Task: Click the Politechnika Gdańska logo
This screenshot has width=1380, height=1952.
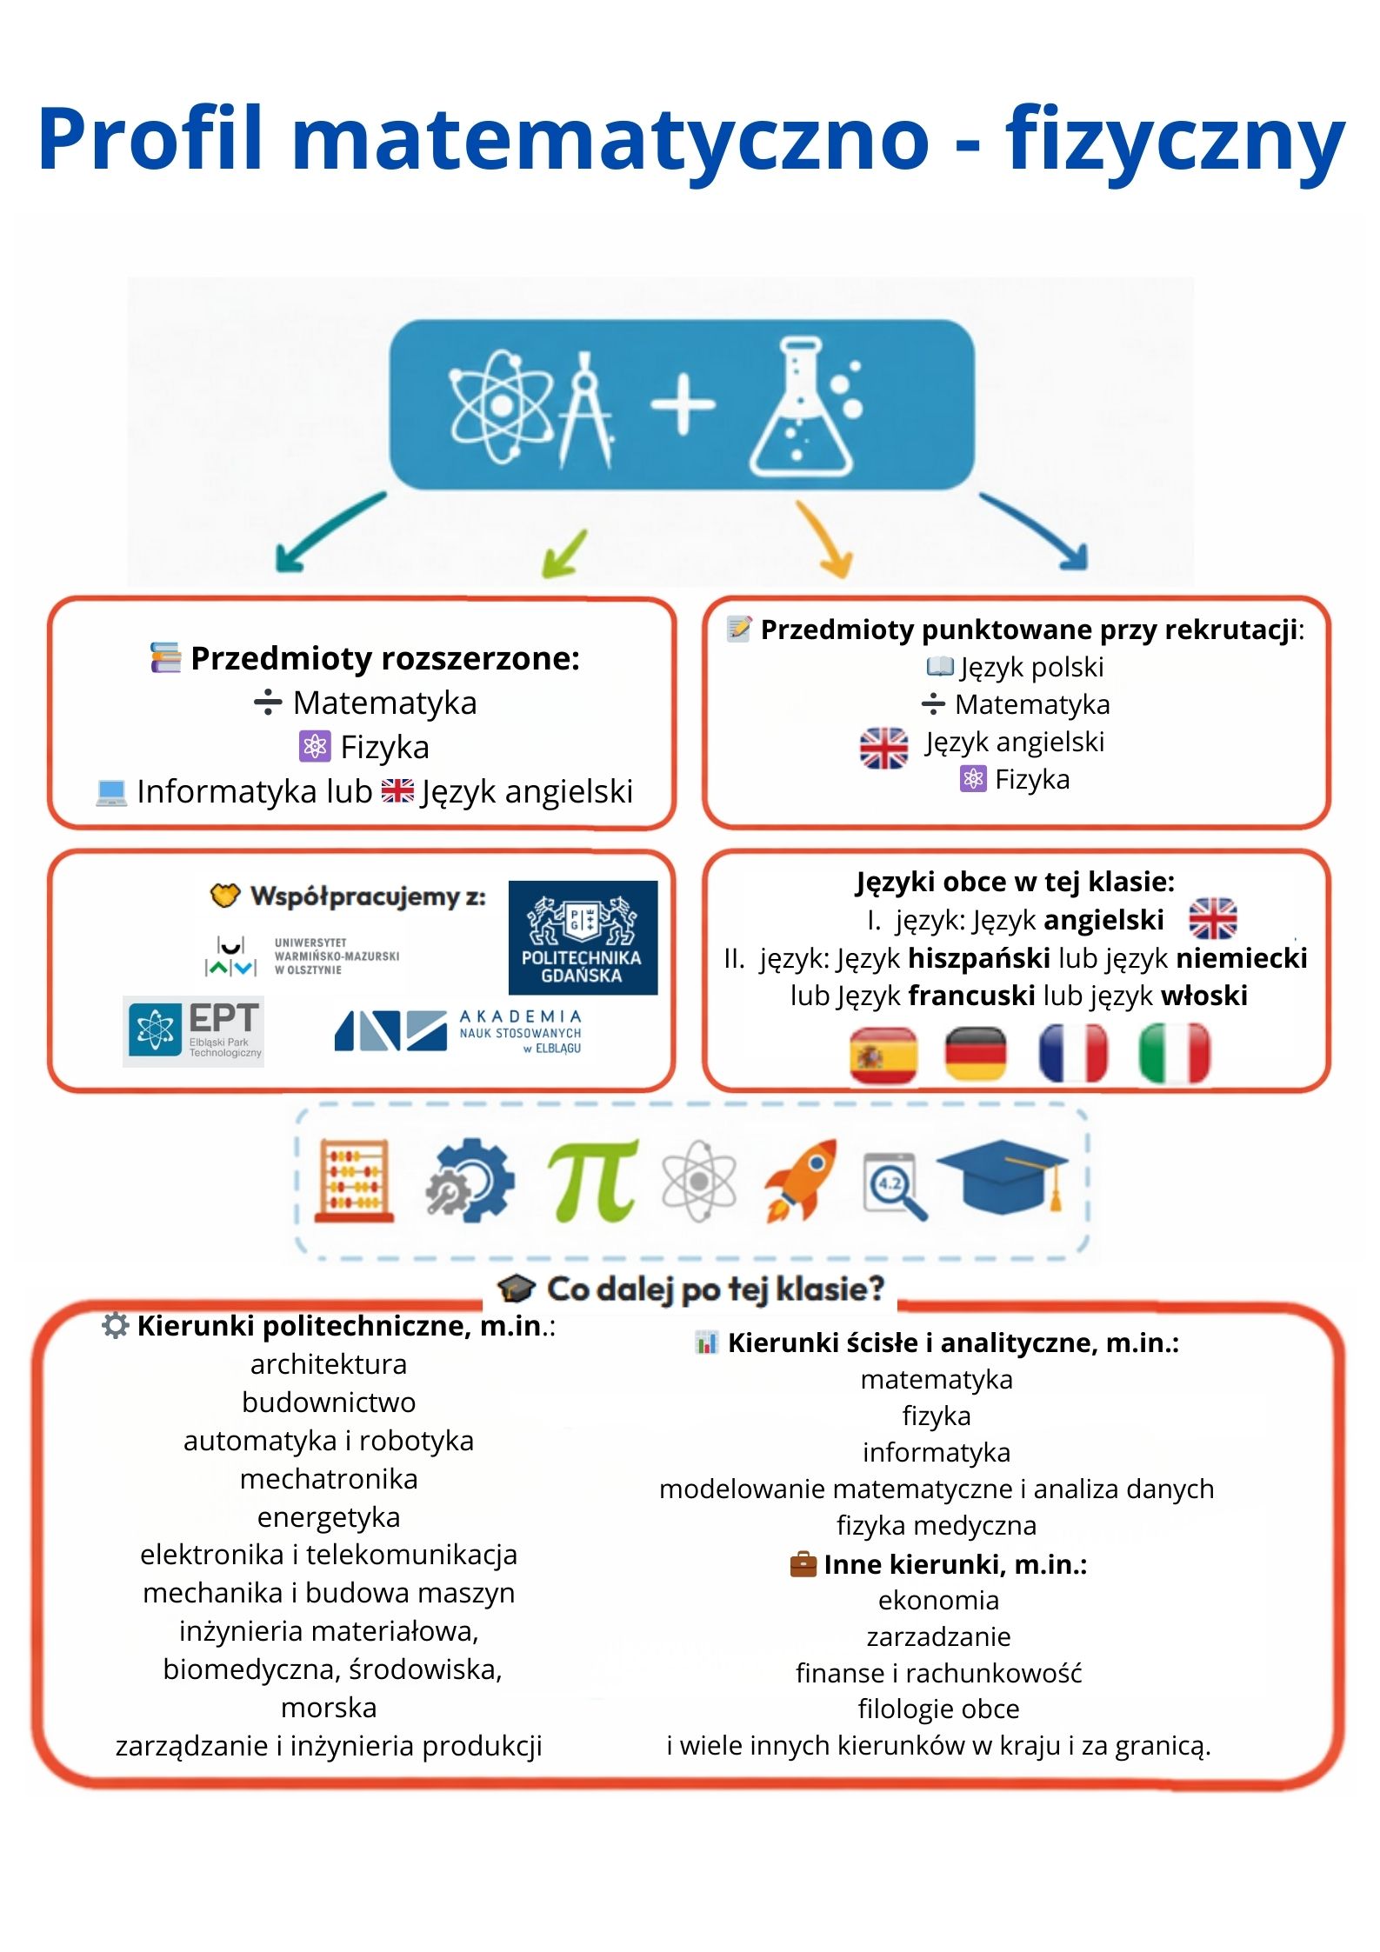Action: [583, 936]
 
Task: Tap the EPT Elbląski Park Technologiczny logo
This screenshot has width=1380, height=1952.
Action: [193, 1030]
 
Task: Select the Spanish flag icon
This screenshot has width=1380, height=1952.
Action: [883, 1055]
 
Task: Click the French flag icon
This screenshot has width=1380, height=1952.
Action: [1073, 1054]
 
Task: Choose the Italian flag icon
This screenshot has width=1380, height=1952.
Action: [1174, 1054]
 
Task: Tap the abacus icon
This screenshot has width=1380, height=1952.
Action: [354, 1180]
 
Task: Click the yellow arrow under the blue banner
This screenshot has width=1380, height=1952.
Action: [826, 539]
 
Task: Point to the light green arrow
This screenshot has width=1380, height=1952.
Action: [565, 553]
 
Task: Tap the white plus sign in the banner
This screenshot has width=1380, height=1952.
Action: [683, 403]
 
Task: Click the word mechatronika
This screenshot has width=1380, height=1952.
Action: [329, 1479]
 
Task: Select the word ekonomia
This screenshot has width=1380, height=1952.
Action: [938, 1600]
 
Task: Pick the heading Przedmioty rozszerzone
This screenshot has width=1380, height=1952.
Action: [384, 658]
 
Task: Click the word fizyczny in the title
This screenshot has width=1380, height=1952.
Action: [1175, 139]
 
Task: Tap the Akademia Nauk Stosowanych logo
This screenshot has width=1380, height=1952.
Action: [458, 1031]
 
